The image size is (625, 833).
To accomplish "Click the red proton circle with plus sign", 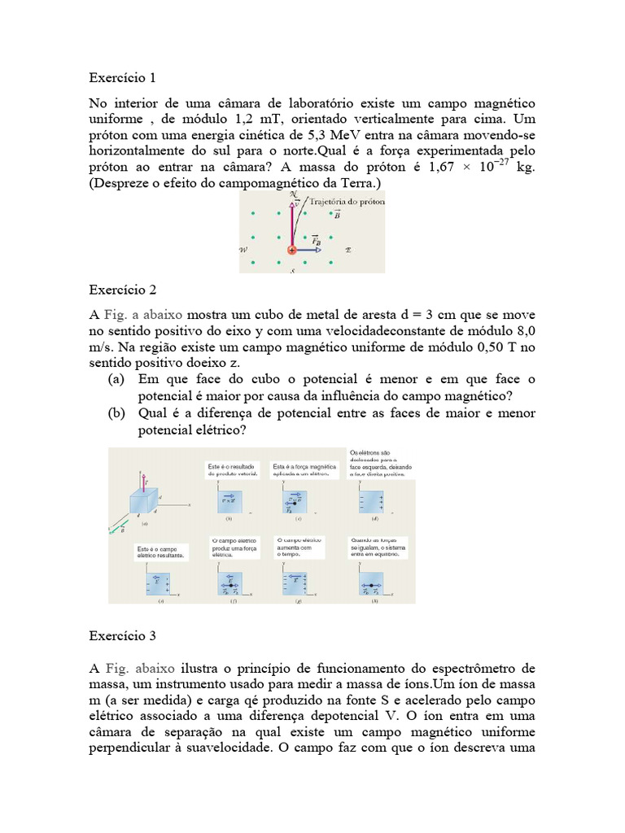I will coord(291,250).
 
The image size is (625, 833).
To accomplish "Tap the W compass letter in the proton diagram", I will coord(243,251).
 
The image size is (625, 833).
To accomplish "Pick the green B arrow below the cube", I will coord(117,531).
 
